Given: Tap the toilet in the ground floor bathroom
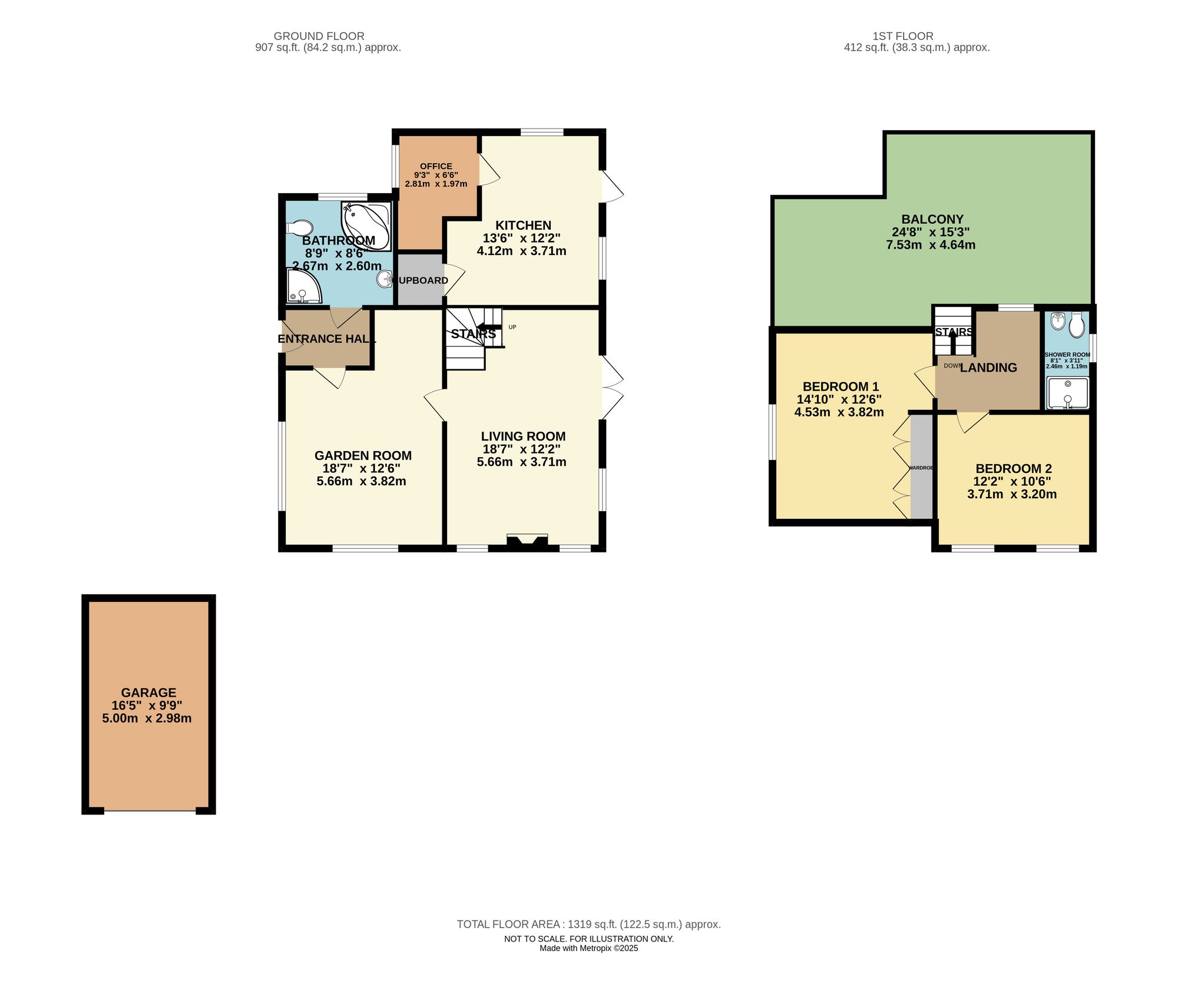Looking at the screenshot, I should tap(300, 228).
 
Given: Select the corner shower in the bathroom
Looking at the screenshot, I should tap(303, 287).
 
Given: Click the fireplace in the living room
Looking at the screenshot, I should tap(527, 542).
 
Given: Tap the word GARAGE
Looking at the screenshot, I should tap(148, 693).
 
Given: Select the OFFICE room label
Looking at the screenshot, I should tap(436, 166).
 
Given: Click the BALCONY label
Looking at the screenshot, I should tap(932, 219).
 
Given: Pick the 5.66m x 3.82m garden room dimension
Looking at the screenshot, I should tap(361, 481).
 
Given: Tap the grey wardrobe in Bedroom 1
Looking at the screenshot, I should tap(922, 466).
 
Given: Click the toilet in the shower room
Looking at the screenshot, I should tap(1077, 326).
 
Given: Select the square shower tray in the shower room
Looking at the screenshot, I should tap(1067, 393).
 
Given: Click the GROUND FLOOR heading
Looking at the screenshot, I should tap(319, 36).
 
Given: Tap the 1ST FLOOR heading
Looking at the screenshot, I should tap(903, 36).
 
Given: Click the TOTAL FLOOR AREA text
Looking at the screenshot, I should tap(588, 924).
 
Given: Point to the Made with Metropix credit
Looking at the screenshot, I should tap(588, 948).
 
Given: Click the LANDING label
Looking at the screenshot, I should tap(988, 367).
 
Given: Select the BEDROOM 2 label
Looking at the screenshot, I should tap(1013, 469).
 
